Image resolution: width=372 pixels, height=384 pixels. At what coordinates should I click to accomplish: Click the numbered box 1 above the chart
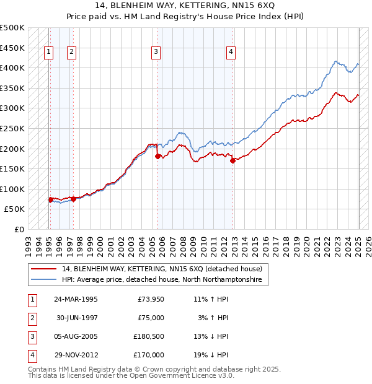[48, 53]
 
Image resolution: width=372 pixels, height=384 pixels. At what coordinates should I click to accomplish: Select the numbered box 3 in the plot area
[156, 53]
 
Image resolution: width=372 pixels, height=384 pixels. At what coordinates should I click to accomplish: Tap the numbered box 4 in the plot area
[230, 53]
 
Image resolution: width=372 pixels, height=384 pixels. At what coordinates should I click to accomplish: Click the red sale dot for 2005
[157, 156]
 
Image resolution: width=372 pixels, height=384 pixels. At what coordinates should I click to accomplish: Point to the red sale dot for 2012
[232, 160]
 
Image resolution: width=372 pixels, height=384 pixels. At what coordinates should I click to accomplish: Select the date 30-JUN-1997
[78, 318]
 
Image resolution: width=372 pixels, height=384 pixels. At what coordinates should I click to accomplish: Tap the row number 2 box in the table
[32, 318]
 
